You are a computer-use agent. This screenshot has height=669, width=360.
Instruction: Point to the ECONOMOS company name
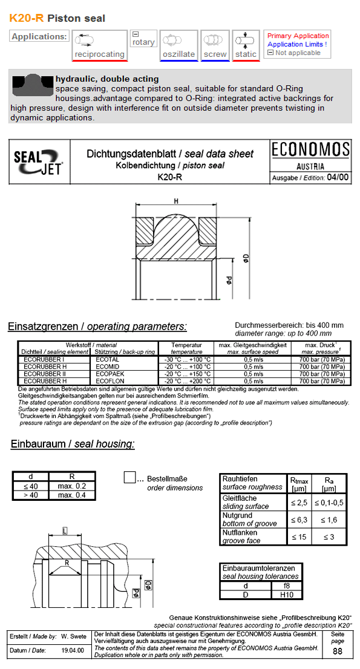point(310,151)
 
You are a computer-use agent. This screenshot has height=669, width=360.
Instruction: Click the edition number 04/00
point(337,178)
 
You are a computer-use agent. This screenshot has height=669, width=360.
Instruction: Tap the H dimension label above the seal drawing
point(176,201)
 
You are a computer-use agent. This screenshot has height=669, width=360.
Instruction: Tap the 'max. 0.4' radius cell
point(72,495)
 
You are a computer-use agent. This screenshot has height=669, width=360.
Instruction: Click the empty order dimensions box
point(129,477)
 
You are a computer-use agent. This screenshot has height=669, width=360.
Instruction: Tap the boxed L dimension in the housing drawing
point(65,530)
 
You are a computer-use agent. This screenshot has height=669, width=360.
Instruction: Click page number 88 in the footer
point(337,651)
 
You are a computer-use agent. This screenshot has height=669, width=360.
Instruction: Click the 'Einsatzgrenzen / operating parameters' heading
point(97,327)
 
